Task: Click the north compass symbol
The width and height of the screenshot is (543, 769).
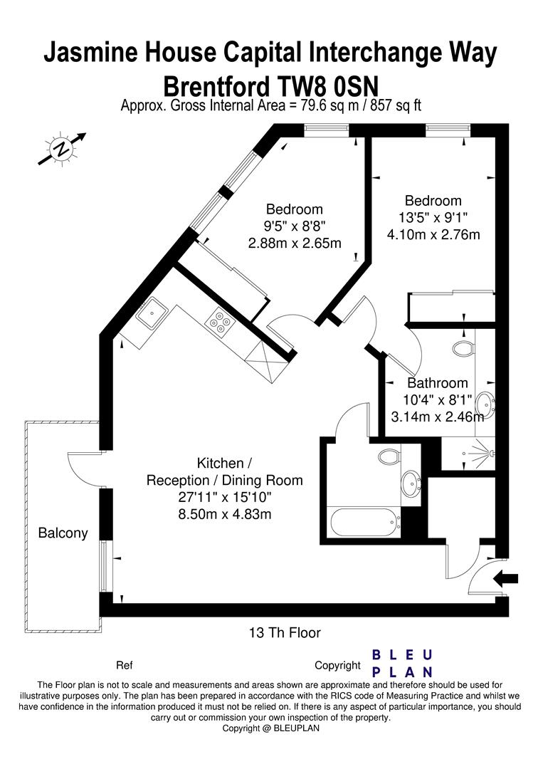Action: (63, 150)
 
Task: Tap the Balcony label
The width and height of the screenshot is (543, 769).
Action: (63, 533)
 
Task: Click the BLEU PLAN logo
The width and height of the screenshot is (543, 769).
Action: (403, 663)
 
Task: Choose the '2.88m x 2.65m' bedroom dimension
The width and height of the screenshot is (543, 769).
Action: (295, 243)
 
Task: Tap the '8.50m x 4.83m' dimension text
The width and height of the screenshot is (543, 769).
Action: (225, 513)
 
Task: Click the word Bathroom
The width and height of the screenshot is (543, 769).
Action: (438, 383)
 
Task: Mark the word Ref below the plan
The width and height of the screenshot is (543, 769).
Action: (124, 666)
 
